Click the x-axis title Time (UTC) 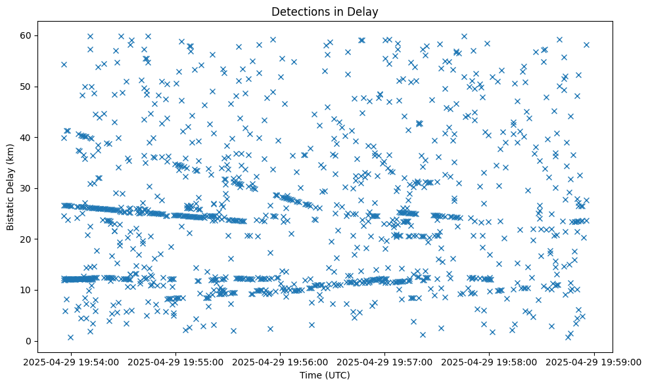click(x=325, y=376)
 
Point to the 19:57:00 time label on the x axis click(x=385, y=361)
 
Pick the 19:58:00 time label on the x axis click(x=490, y=361)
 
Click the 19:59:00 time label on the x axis click(x=594, y=361)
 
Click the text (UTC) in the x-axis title click(x=337, y=376)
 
